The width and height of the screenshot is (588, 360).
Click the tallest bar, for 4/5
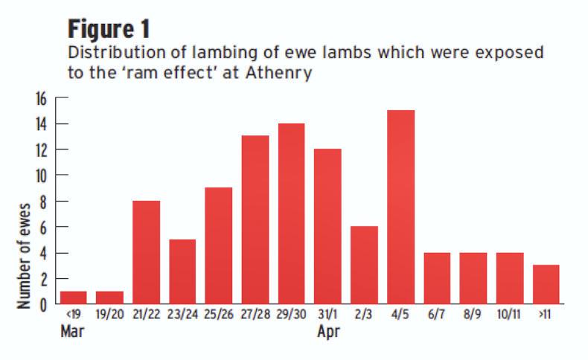coord(400,207)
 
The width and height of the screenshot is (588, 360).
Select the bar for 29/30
coord(292,213)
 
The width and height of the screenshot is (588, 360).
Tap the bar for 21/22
coord(146,252)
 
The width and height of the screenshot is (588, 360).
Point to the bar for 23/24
coord(182,271)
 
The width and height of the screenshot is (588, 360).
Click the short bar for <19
coord(73,298)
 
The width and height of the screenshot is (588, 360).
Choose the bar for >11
coord(546,284)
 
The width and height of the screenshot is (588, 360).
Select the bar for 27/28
coord(255,219)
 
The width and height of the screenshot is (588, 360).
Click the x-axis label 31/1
coord(328,316)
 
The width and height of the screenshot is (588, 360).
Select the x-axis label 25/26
coord(219,316)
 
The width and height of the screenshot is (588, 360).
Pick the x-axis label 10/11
coord(510,316)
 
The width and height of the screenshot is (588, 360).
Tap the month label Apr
coord(328,332)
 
